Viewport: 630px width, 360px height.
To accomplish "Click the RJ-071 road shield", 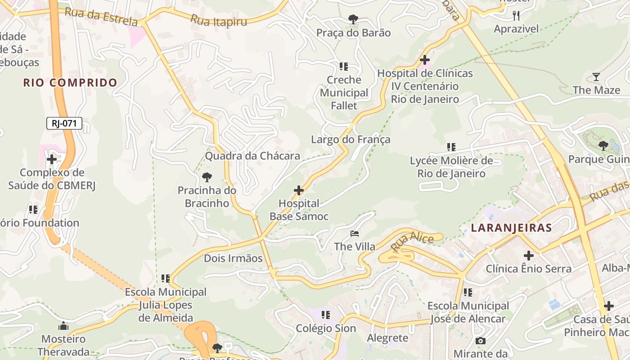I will point(64,123).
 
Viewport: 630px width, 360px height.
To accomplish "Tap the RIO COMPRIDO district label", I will point(70,83).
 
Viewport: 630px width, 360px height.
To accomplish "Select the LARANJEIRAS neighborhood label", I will point(511,228).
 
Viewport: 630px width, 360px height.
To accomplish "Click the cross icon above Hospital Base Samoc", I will point(299,190).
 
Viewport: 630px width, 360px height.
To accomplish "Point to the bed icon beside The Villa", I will point(355,234).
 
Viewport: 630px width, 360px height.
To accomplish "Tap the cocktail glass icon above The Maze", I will point(596,77).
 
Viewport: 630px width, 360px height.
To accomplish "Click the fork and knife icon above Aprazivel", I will point(516,16).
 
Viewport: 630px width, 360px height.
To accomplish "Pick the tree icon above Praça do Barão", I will point(353,19).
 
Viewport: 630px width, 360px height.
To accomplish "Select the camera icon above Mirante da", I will point(481,341).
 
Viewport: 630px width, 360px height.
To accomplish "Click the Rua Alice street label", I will point(412,243).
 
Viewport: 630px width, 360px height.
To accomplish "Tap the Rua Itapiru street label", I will point(219,20).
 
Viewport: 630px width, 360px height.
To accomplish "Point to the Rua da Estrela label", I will point(101,16).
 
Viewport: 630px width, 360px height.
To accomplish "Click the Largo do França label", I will point(351,139).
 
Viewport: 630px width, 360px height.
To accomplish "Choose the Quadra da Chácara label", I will point(252,156).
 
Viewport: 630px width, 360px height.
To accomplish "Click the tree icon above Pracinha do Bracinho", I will point(207,177).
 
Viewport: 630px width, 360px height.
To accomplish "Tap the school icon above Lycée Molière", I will point(451,147).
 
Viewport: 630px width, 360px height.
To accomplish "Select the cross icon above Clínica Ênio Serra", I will point(529,256).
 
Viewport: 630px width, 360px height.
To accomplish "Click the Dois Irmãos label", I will point(233,258).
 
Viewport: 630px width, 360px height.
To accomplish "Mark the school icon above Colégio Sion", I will point(326,315).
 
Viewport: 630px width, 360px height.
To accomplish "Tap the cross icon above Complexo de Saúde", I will point(52,159).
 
